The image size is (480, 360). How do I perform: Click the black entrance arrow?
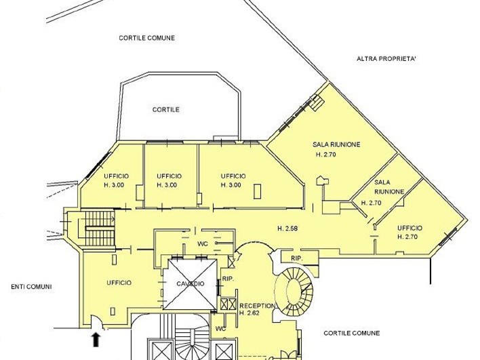[x=96, y=340]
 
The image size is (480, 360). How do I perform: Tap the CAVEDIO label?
[x=190, y=284]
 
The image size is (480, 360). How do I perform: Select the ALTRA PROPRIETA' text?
[x=386, y=59]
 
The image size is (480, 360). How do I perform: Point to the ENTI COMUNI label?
[x=31, y=287]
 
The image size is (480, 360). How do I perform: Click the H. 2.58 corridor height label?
[x=287, y=228]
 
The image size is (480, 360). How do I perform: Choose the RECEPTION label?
[x=257, y=306]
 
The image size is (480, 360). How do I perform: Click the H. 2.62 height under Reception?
[x=249, y=313]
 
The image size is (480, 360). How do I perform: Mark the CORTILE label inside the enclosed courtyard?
[x=166, y=110]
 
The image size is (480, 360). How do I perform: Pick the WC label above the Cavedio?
[x=203, y=244]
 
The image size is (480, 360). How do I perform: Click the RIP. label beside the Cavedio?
[x=228, y=279]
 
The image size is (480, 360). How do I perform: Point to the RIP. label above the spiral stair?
[x=297, y=259]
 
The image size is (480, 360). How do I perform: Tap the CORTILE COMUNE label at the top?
[x=147, y=38]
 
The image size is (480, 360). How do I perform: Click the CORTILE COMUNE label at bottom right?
[x=352, y=333]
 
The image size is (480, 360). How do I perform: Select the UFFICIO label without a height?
[x=119, y=283]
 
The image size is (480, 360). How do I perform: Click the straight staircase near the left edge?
[x=100, y=228]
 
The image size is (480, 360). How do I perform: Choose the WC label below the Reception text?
[x=221, y=329]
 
